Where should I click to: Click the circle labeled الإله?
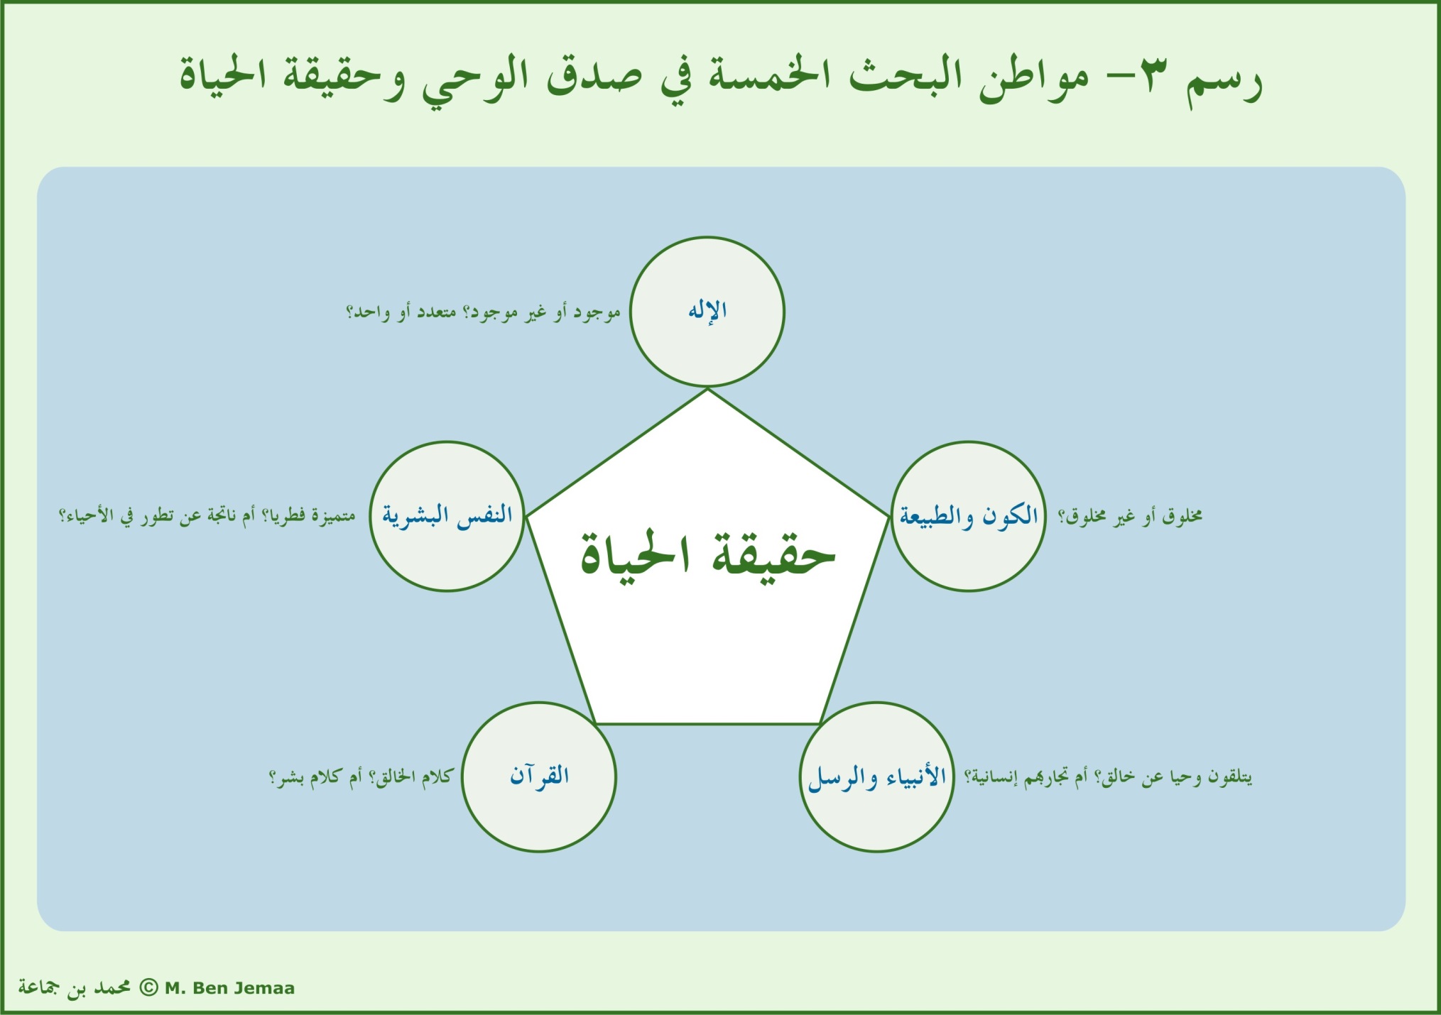click(707, 312)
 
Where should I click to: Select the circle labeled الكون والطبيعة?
click(968, 516)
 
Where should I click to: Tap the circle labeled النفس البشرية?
click(447, 516)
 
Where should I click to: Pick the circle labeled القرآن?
click(539, 777)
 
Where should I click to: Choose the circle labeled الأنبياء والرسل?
click(876, 777)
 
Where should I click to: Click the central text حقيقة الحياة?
click(707, 555)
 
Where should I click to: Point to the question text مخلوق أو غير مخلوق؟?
click(1129, 517)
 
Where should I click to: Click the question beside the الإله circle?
click(483, 312)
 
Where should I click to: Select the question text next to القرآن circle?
click(361, 777)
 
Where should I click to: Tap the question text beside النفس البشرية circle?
click(207, 516)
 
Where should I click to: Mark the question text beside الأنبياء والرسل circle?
click(1108, 777)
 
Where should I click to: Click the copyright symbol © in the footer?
click(148, 987)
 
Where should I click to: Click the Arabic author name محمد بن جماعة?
click(74, 988)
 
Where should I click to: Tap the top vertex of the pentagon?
click(707, 390)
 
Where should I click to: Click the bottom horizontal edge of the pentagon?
click(707, 724)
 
